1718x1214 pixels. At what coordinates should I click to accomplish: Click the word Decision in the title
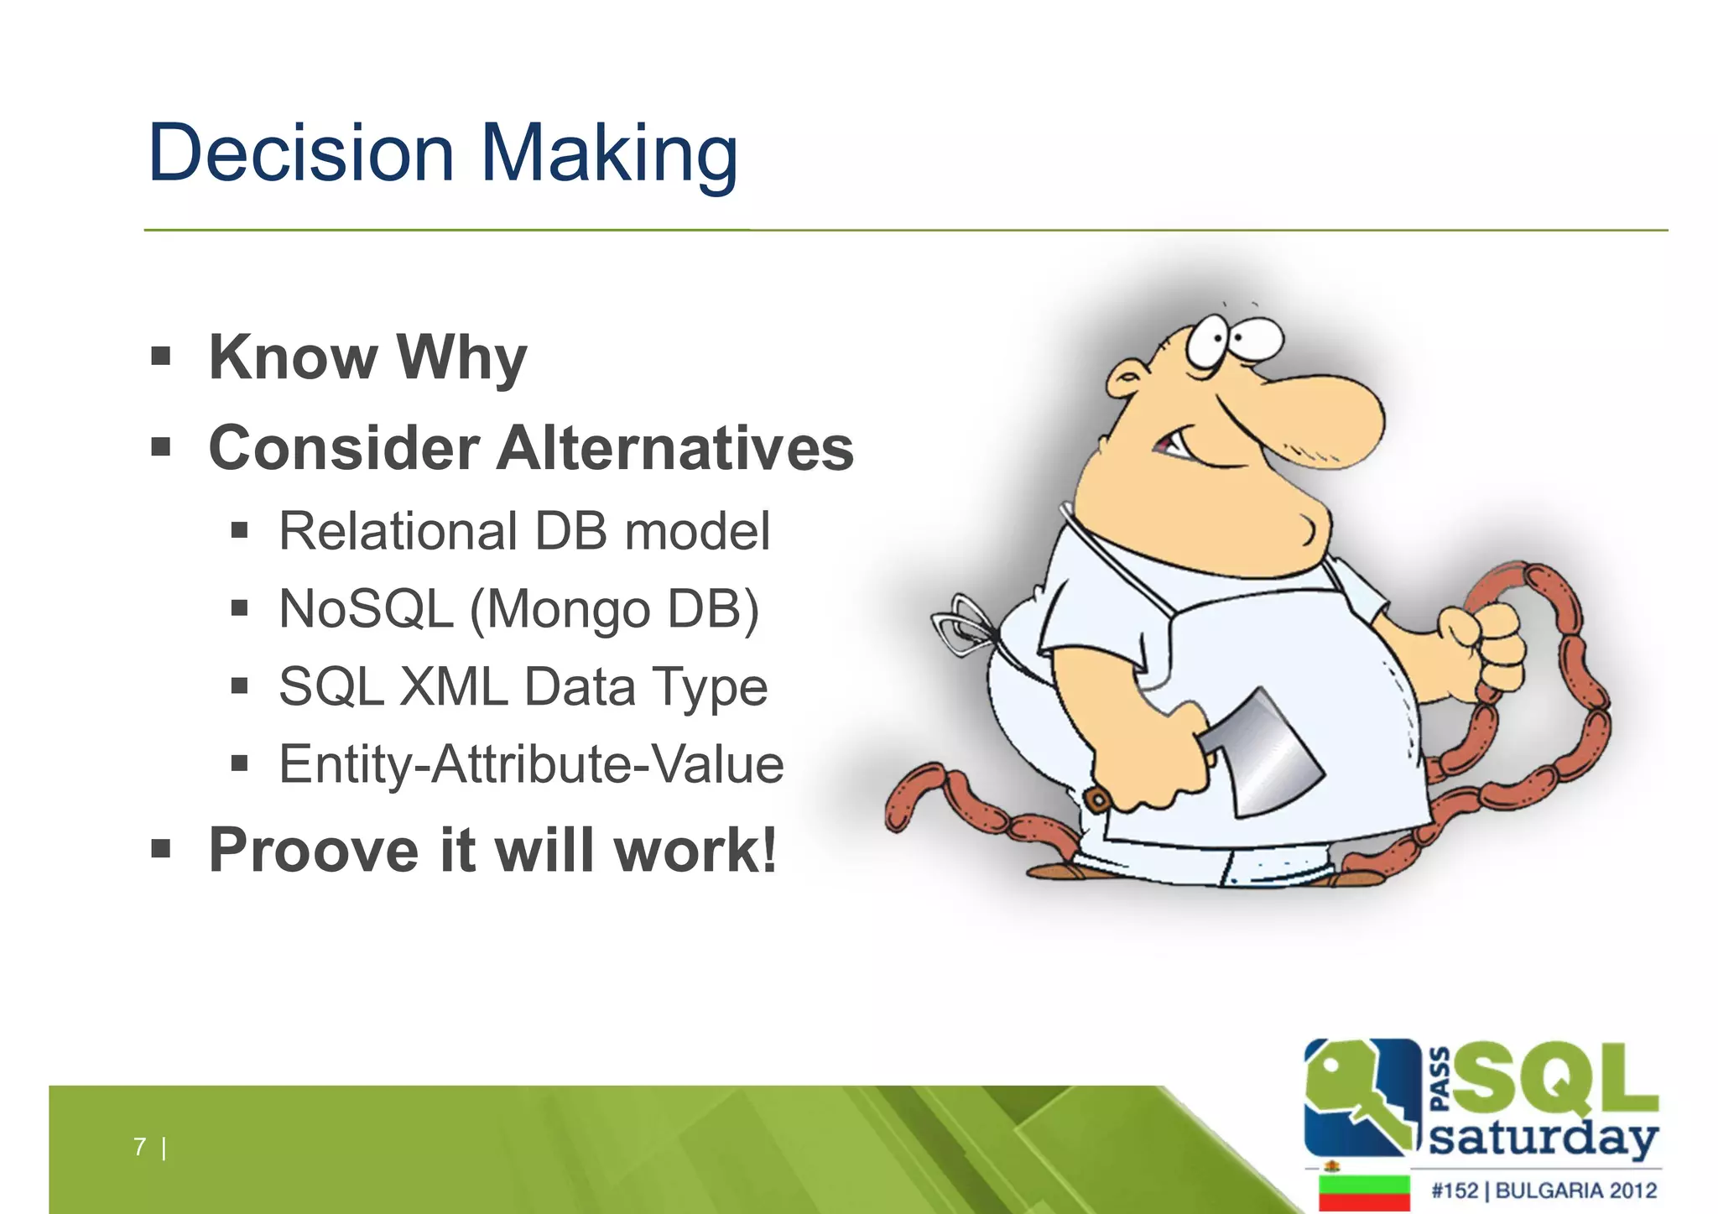tap(300, 153)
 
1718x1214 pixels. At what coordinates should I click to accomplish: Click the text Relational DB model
tap(523, 531)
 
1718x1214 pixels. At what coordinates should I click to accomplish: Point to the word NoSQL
tap(366, 609)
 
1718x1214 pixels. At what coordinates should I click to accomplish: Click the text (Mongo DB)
tap(615, 611)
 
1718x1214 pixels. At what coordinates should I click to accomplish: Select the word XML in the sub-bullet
tap(453, 687)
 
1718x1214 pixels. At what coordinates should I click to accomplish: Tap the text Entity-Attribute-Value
tap(531, 764)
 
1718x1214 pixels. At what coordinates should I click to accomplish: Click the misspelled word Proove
tap(313, 851)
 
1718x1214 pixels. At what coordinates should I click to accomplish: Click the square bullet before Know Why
tap(161, 357)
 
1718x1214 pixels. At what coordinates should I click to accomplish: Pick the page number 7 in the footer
tap(139, 1146)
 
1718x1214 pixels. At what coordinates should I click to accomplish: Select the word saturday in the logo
tap(1544, 1138)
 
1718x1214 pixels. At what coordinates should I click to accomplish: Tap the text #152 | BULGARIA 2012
tap(1544, 1191)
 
